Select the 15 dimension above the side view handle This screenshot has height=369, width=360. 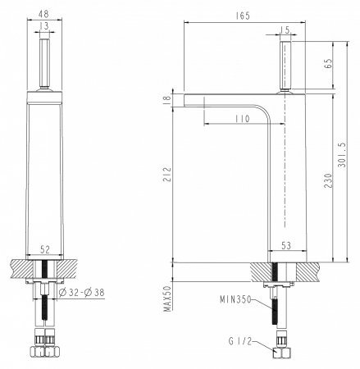click(285, 30)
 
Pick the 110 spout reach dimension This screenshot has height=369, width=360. click(241, 119)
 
